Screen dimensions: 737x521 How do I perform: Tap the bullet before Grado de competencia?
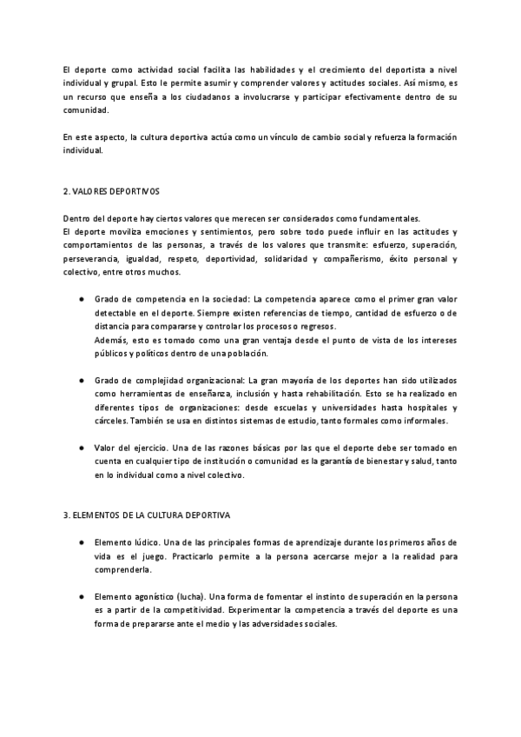(80, 297)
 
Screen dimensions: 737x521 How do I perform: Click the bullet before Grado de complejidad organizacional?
(80, 381)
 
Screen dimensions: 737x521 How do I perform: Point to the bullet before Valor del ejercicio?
(80, 447)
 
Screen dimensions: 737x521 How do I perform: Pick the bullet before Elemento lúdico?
(80, 542)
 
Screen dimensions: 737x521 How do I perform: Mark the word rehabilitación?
(335, 394)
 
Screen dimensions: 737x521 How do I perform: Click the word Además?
(110, 339)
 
